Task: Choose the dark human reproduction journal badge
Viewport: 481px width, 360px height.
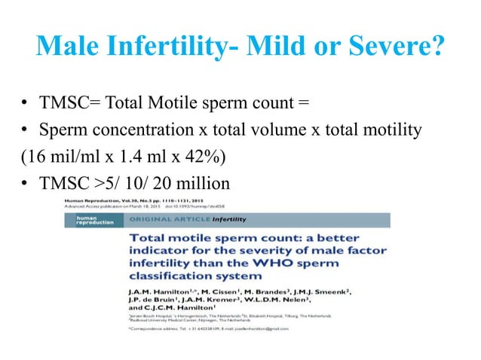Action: click(x=90, y=220)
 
